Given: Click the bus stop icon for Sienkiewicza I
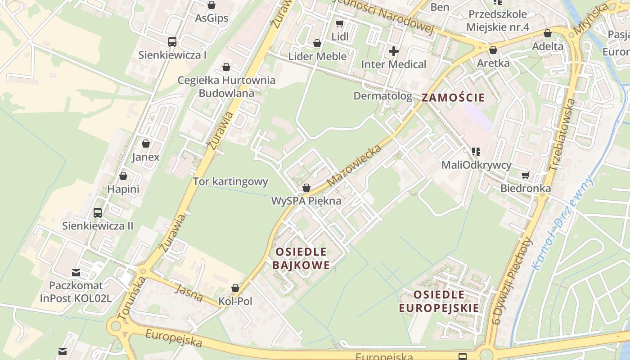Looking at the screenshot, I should click(172, 42).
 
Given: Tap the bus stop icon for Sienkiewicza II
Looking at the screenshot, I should click(98, 212).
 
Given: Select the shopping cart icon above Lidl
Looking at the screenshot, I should click(340, 23).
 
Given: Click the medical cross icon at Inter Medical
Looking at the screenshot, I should click(394, 51).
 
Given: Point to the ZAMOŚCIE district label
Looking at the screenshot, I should click(453, 98).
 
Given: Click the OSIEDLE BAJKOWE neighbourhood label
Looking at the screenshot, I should click(301, 258).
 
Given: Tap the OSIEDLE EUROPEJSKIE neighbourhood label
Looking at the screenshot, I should click(439, 301).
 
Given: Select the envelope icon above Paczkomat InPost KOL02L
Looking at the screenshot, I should click(76, 272).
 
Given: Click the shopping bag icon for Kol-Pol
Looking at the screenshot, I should click(235, 288).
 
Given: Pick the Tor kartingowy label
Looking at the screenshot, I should click(230, 182).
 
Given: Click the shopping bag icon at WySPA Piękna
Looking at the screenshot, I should click(306, 188).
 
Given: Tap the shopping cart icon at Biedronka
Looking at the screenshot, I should click(525, 175).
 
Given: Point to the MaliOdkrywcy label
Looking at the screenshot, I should click(476, 165).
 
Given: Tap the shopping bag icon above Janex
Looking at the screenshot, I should click(145, 144).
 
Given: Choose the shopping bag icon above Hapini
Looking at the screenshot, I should click(123, 176).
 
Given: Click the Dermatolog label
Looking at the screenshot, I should click(382, 96).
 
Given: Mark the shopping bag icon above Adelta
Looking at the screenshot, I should click(548, 33).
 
